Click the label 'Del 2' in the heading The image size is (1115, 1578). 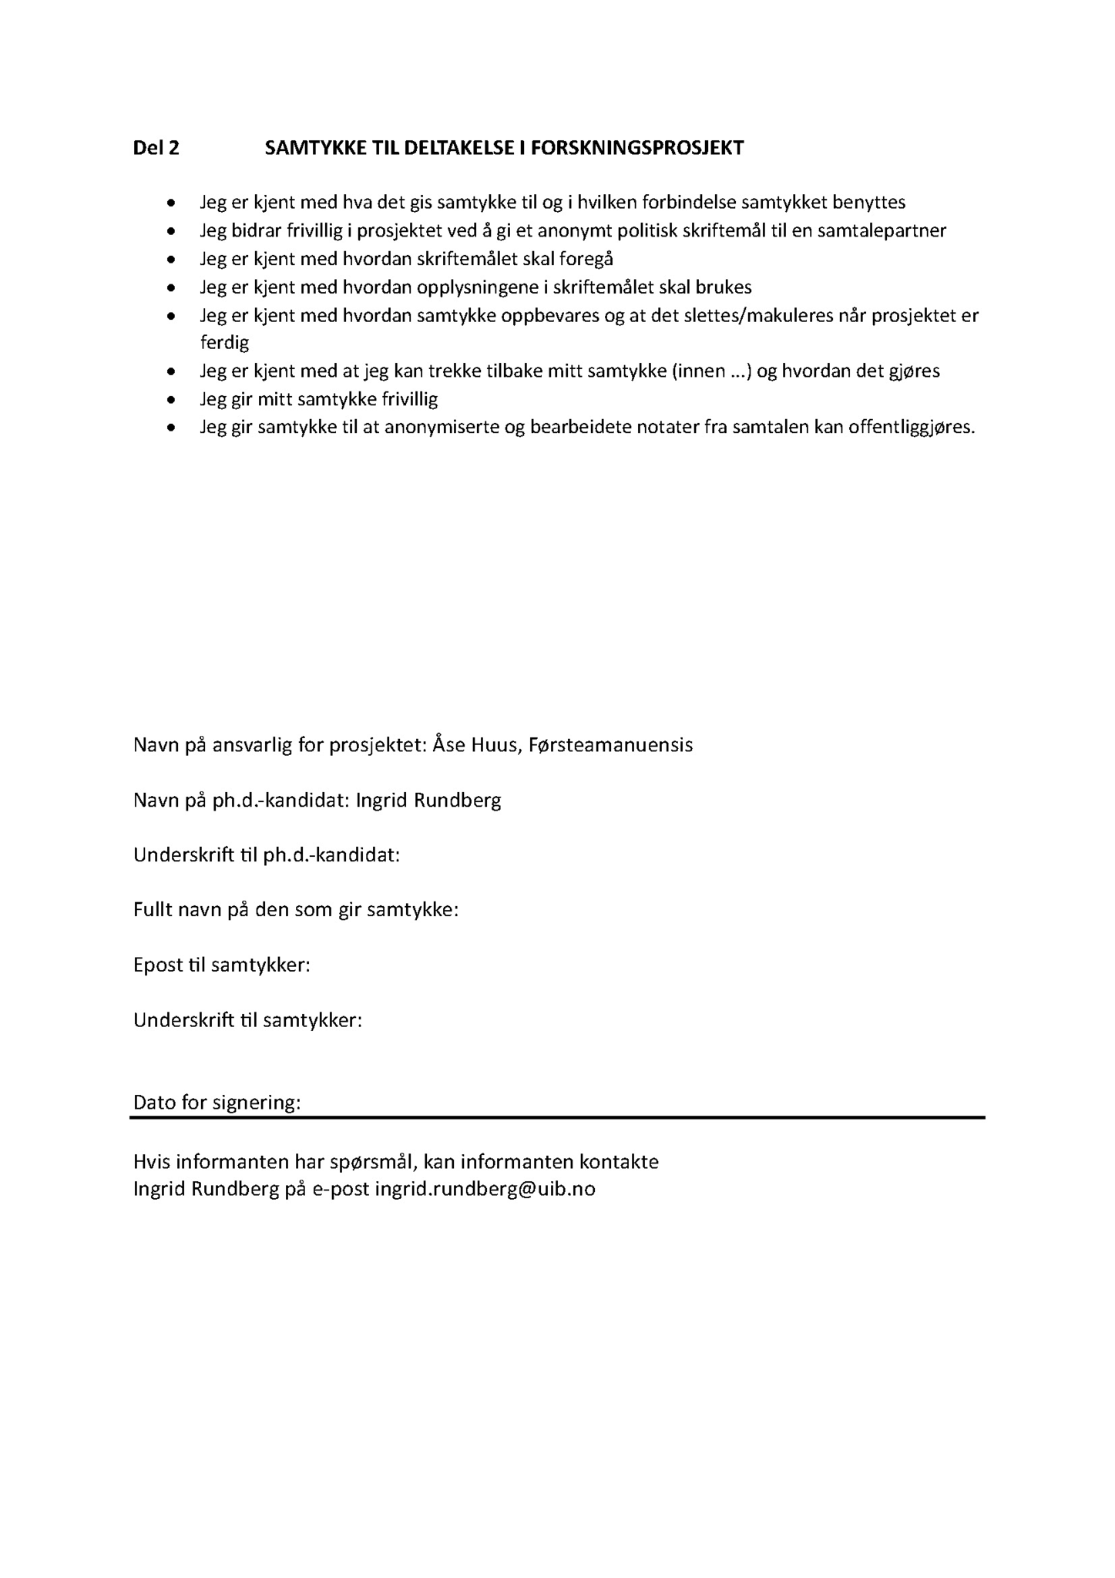pyautogui.click(x=156, y=148)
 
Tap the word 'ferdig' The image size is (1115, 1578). pyautogui.click(x=224, y=342)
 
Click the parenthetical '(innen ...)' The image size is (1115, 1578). pyautogui.click(x=712, y=371)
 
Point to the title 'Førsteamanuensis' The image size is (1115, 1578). pyautogui.click(x=610, y=745)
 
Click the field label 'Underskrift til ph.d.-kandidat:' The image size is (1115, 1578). pyautogui.click(x=267, y=855)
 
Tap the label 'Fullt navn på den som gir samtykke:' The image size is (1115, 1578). pyautogui.click(x=296, y=910)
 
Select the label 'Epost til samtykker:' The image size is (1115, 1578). pyautogui.click(x=222, y=965)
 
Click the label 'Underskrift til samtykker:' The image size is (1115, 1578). pyautogui.click(x=247, y=1020)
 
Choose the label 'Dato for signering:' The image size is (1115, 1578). pyautogui.click(x=217, y=1103)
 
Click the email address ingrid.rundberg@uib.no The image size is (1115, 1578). pyautogui.click(x=485, y=1189)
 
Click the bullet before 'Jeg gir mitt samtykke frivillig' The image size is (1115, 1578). pyautogui.click(x=171, y=400)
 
